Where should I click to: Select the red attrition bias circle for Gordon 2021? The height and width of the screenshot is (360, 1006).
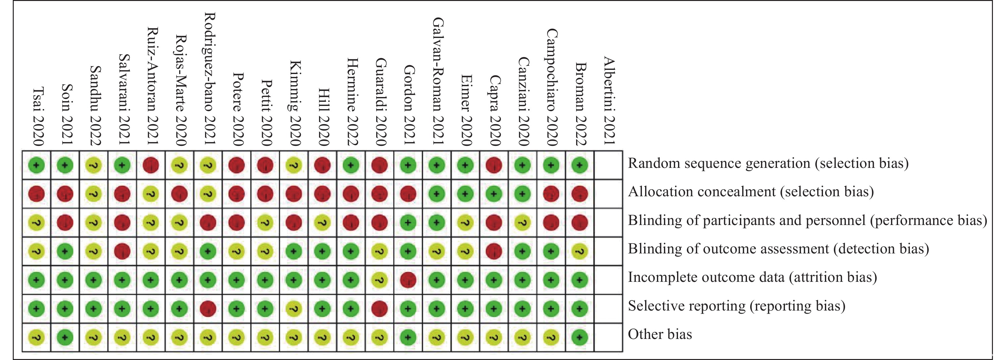point(408,280)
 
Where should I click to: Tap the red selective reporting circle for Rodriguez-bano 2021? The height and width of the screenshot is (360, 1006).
point(208,309)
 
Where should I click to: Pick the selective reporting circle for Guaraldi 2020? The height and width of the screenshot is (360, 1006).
point(379,309)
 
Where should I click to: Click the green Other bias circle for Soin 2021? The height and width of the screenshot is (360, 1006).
point(65,337)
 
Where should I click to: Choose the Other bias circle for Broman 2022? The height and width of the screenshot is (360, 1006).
point(580,337)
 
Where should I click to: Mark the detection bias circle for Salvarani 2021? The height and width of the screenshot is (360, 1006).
point(122,251)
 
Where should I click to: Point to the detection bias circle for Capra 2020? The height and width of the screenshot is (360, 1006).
point(494,251)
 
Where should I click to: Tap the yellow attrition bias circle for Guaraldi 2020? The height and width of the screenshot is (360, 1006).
point(379,280)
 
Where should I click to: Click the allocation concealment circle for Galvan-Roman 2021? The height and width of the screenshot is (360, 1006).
point(437,194)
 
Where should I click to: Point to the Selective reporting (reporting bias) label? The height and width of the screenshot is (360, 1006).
point(736,306)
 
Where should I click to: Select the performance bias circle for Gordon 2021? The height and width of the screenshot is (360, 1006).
point(408,222)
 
